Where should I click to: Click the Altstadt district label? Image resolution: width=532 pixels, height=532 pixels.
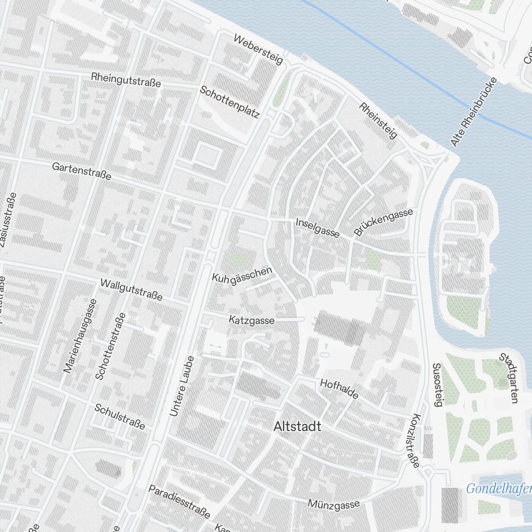(297, 426)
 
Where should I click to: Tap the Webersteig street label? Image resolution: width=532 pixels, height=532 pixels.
(258, 49)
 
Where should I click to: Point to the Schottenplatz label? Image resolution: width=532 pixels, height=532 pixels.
(229, 102)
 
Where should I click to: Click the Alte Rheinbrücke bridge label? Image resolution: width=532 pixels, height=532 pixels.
(473, 112)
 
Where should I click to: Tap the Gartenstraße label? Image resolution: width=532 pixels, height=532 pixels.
(81, 171)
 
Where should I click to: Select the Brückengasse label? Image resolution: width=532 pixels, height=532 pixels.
(383, 222)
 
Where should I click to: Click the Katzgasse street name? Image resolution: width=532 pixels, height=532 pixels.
(252, 320)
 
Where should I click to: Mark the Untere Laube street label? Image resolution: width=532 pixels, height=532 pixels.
(181, 386)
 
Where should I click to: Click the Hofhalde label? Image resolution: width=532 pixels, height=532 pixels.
(339, 389)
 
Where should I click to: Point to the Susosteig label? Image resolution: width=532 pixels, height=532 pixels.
(437, 385)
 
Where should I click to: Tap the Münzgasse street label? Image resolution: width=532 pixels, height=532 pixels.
(334, 503)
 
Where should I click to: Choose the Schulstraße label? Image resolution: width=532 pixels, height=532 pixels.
(120, 417)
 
